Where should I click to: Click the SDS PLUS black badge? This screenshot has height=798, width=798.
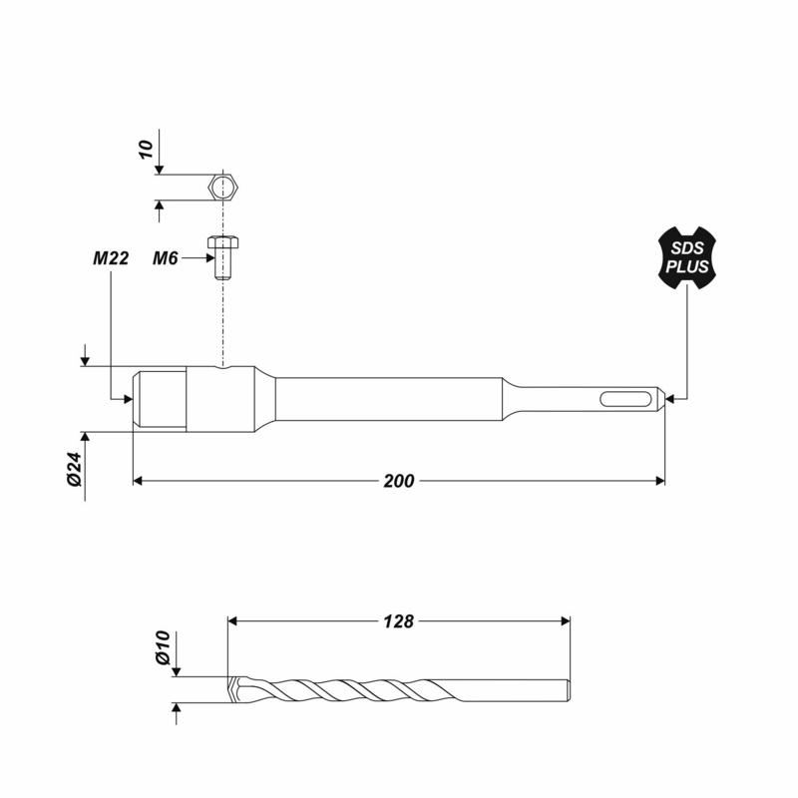click(x=687, y=258)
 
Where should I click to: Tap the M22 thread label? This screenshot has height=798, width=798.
click(x=111, y=258)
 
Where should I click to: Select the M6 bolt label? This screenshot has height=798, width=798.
click(x=166, y=258)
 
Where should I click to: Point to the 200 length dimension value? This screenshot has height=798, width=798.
click(x=399, y=481)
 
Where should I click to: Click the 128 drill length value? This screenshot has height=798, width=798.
click(x=399, y=621)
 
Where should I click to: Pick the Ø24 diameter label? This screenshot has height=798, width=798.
click(x=74, y=469)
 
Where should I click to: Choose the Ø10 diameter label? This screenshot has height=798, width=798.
click(x=162, y=647)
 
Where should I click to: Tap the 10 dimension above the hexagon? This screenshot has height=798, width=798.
click(x=146, y=149)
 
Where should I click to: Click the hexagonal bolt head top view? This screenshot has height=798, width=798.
click(x=222, y=188)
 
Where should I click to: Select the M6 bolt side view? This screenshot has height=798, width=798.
click(x=222, y=257)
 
